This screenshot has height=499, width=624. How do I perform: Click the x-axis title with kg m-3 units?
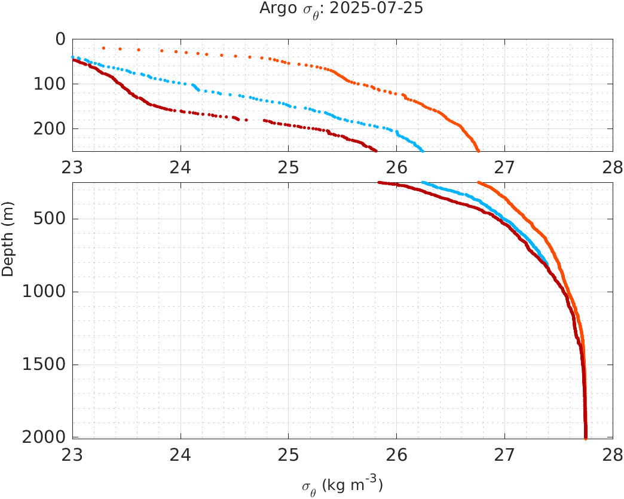coord(342,485)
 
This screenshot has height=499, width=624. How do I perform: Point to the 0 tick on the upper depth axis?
coord(60,39)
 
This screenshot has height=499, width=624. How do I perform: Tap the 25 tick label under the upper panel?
coord(289,166)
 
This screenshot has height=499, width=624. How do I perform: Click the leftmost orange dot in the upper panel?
coord(103,48)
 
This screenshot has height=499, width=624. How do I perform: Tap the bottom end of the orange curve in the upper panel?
coord(478,150)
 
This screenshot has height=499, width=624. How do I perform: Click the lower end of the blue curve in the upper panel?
coord(422,149)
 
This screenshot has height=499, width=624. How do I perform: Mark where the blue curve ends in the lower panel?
coord(547,264)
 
